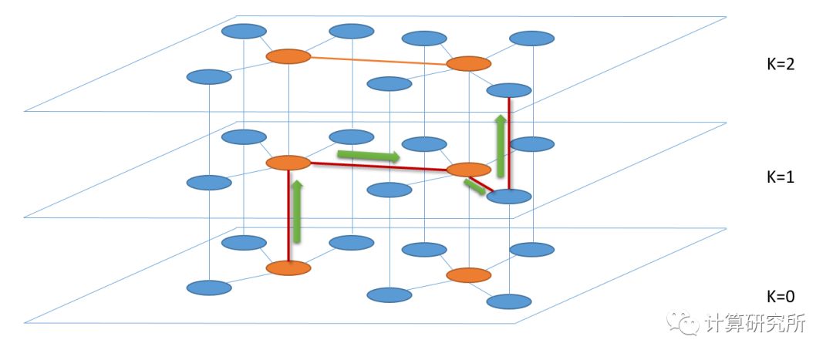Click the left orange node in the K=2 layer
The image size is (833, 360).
(288, 57)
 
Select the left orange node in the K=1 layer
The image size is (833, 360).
(288, 163)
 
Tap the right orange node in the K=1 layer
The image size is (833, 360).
(469, 170)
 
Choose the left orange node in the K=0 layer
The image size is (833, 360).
(288, 268)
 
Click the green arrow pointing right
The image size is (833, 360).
(369, 156)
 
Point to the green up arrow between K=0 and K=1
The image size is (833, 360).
(297, 212)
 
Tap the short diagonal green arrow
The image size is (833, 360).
(474, 186)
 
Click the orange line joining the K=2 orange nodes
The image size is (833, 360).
(378, 60)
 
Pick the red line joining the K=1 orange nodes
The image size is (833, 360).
(378, 167)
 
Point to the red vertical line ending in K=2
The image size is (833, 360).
(510, 143)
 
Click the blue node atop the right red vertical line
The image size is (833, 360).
(509, 90)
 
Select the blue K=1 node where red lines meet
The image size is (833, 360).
(509, 196)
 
